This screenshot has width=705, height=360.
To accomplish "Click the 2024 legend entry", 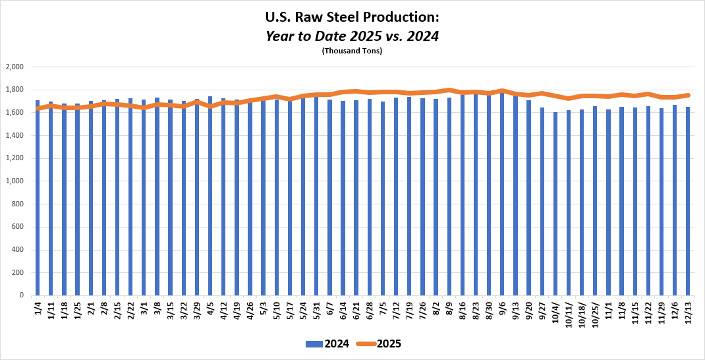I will (x=327, y=344).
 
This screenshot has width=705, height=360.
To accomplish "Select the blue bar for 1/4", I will (x=38, y=198).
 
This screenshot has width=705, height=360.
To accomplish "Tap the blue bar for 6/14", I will (x=343, y=198).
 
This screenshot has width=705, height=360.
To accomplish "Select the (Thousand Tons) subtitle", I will (x=352, y=51).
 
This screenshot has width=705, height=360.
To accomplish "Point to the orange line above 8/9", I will (x=449, y=90).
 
